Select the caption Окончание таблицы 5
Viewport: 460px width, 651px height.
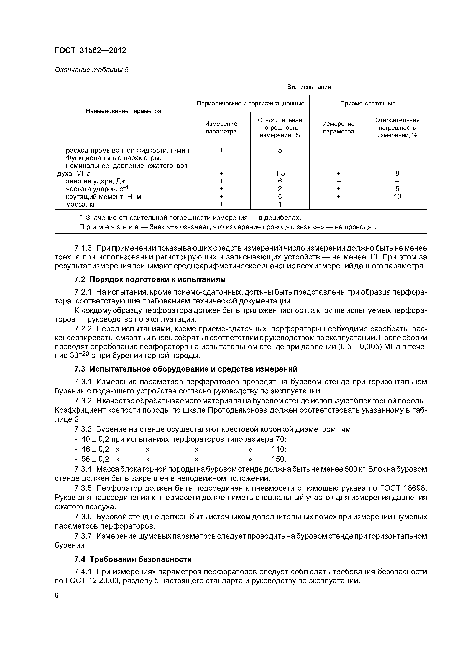(x=92, y=70)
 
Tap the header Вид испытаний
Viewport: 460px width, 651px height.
(x=309, y=87)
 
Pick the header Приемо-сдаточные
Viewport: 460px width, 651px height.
(x=368, y=103)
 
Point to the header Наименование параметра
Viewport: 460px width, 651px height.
(x=123, y=111)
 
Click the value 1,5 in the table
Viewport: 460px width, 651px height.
(x=280, y=173)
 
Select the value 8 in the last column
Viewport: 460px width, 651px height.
(x=397, y=173)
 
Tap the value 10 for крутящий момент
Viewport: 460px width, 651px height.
(x=397, y=197)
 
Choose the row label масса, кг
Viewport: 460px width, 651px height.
(x=80, y=204)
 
